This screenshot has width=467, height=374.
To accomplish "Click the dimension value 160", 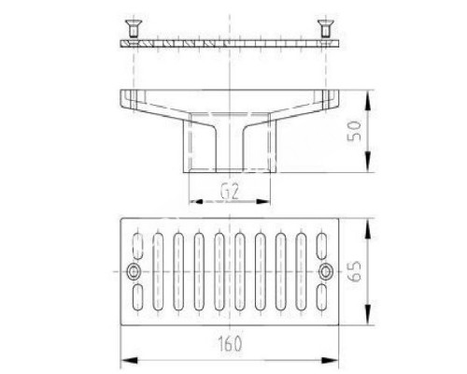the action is [x=230, y=344].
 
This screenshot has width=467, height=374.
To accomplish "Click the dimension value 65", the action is [x=354, y=271].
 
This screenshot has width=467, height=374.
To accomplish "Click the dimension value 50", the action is [x=354, y=131].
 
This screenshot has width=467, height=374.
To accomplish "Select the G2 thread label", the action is [x=230, y=192].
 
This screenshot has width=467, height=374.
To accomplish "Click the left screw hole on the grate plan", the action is [x=134, y=272].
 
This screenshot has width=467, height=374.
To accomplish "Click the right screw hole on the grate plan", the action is [x=326, y=272].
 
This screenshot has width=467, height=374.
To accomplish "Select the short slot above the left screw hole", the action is [x=138, y=246].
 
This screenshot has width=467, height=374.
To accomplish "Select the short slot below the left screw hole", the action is [x=138, y=297].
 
